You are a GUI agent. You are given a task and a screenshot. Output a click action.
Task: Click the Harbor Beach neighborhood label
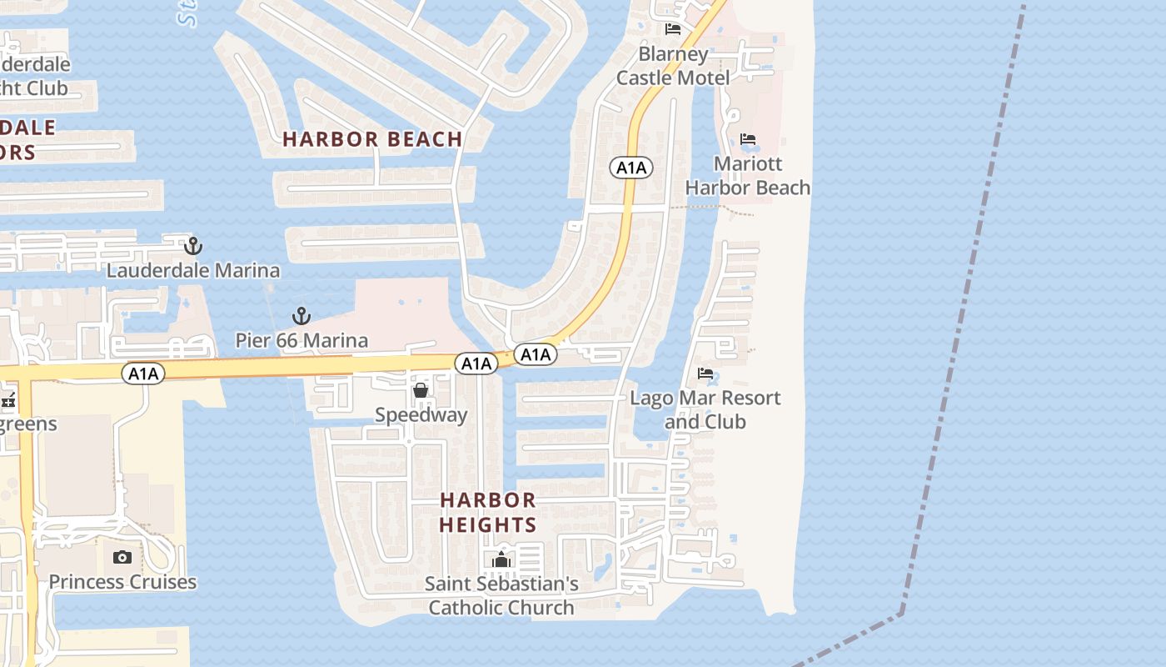point(372,139)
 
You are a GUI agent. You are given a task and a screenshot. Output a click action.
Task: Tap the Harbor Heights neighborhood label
point(488,512)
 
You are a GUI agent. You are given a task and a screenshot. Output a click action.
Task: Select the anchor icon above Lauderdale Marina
point(193,246)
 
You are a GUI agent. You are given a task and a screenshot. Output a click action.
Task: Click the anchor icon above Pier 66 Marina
point(301,316)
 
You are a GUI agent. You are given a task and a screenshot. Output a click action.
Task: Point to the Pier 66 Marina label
point(301,340)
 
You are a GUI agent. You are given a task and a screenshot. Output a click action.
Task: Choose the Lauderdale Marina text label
point(193,271)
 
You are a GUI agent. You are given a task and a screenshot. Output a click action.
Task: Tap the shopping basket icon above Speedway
point(421,390)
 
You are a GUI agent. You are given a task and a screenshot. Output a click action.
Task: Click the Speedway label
point(421,414)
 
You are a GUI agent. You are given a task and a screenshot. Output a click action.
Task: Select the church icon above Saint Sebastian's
point(501,559)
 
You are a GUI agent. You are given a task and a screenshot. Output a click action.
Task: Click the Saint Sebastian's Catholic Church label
point(501,596)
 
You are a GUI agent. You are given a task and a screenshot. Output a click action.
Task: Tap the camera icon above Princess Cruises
point(122,557)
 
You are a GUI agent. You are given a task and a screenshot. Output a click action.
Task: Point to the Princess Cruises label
point(122,582)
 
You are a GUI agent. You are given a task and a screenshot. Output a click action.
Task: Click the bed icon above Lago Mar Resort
point(705,374)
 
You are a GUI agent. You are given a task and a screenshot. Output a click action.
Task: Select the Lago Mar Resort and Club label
point(705,409)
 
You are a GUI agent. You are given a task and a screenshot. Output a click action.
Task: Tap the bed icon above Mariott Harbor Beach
point(748,139)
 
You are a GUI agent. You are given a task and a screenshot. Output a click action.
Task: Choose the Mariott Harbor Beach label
point(748,176)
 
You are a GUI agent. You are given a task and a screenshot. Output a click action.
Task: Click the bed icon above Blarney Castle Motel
point(673,29)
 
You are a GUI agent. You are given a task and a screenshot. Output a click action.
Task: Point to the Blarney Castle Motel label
point(673,66)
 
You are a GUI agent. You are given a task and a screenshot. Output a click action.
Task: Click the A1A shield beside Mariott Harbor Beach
point(631,168)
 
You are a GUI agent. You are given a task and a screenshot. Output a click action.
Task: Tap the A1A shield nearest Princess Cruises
point(143,374)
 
